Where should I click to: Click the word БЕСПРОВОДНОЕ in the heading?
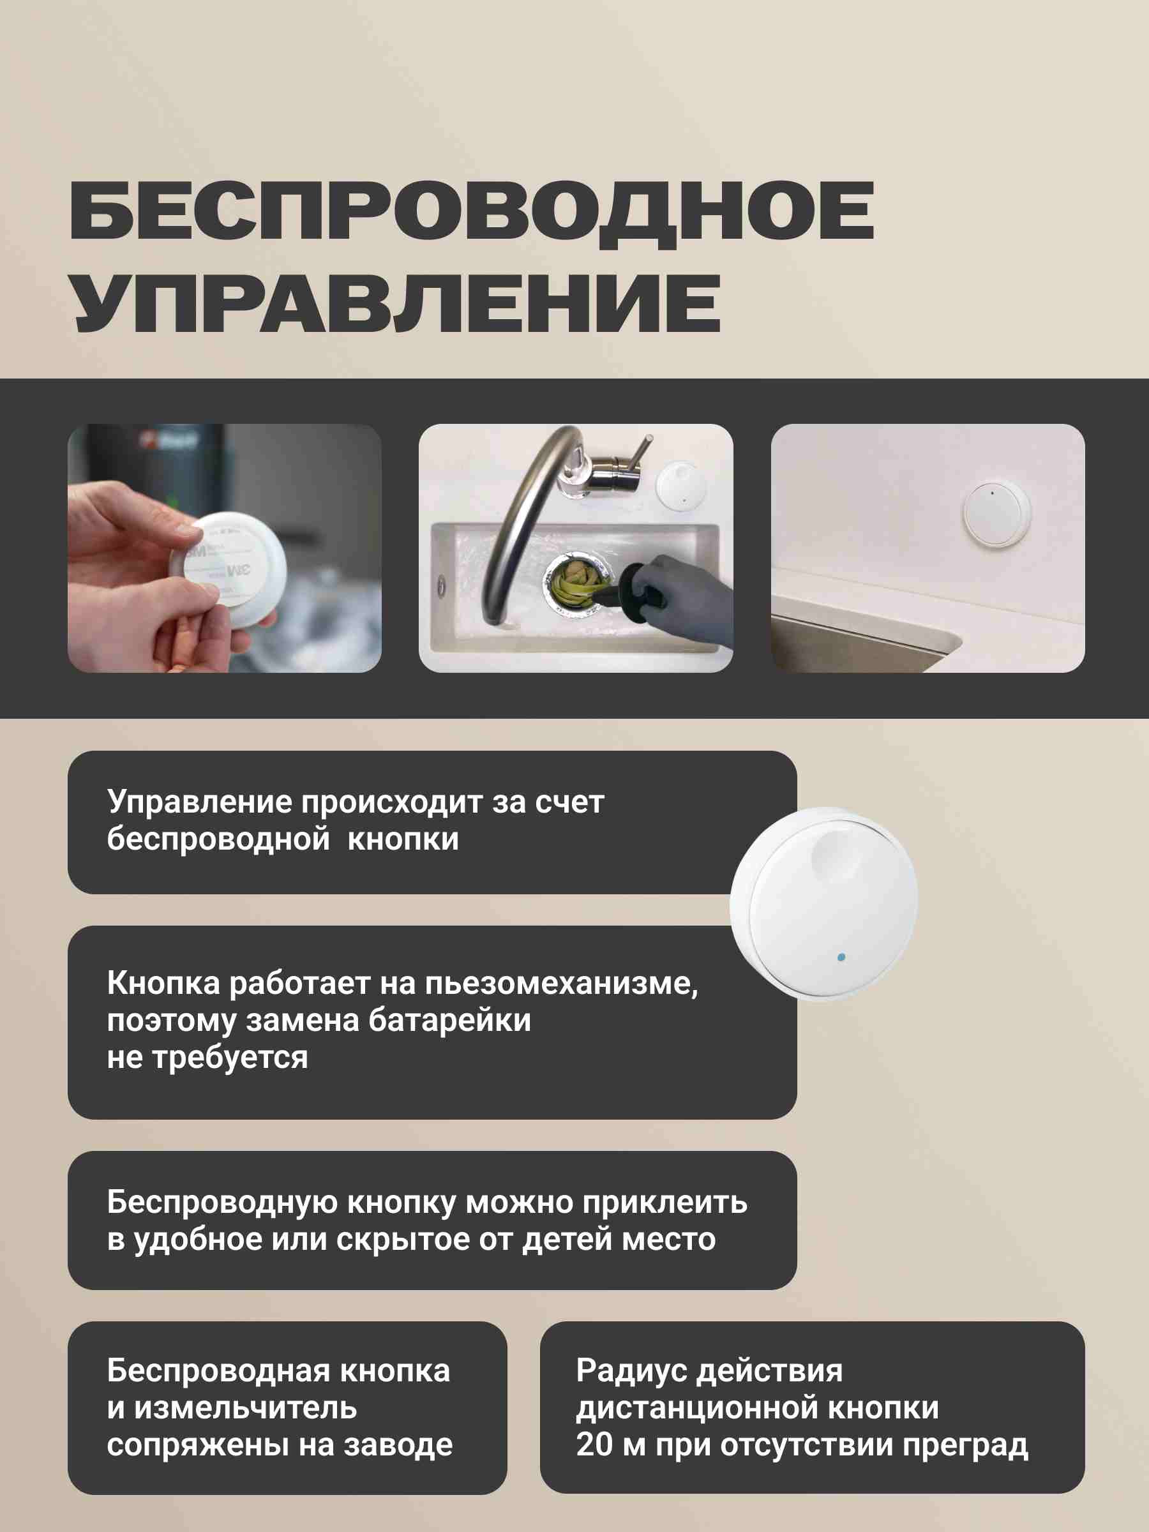[x=472, y=212]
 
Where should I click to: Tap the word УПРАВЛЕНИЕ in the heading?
[x=397, y=303]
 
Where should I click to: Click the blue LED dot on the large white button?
[x=841, y=957]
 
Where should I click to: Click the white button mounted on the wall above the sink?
[x=996, y=514]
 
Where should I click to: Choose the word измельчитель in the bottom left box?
[x=245, y=1408]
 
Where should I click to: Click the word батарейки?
[x=449, y=1021]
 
